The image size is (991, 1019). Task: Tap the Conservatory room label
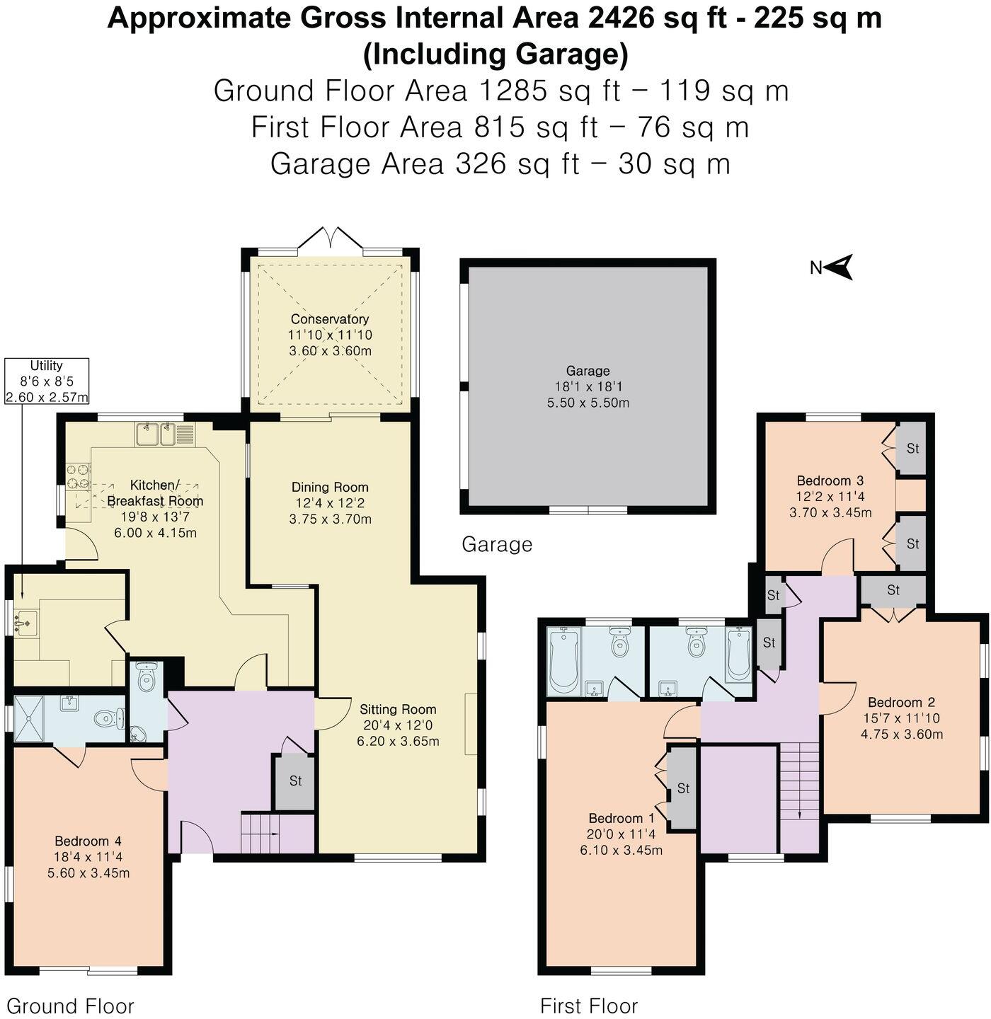[x=329, y=319]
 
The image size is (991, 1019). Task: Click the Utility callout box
[x=47, y=381]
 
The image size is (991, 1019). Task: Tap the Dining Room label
[x=330, y=488]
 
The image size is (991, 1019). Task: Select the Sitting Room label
[x=398, y=710]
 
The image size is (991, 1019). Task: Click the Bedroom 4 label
[x=88, y=841]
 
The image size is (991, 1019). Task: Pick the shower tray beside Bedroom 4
[x=29, y=718]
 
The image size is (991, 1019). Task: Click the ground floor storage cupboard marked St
[x=295, y=781]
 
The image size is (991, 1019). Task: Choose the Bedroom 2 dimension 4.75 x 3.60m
[x=901, y=734]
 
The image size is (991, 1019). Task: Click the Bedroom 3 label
[x=830, y=480]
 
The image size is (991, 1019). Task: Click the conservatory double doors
[x=330, y=238]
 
